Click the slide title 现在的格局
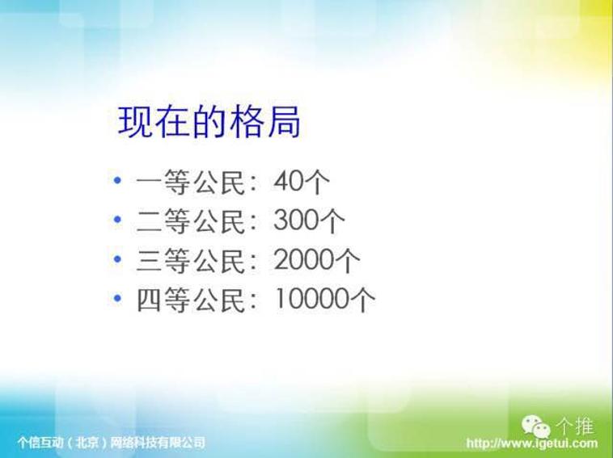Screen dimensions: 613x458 click(209, 121)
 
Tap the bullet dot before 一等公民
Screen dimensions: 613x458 click(117, 180)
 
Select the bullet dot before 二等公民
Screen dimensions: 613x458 click(117, 220)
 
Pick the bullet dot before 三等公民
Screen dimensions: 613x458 click(117, 258)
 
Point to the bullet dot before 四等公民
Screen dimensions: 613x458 click(117, 298)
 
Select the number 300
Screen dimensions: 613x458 click(295, 221)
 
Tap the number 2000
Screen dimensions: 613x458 click(303, 259)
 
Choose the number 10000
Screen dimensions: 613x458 click(311, 299)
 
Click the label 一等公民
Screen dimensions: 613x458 click(191, 182)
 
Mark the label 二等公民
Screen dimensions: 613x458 click(191, 221)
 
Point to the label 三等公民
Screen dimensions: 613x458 click(191, 260)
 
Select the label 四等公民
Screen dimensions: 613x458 click(191, 300)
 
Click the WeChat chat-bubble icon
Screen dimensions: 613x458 click(536, 426)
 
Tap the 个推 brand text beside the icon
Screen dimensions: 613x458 click(575, 426)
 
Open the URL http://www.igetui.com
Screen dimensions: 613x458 click(531, 443)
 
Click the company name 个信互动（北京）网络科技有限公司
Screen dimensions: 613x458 click(112, 443)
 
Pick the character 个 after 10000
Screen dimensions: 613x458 click(362, 300)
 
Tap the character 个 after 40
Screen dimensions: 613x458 click(317, 182)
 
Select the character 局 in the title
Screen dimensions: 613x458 click(284, 122)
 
